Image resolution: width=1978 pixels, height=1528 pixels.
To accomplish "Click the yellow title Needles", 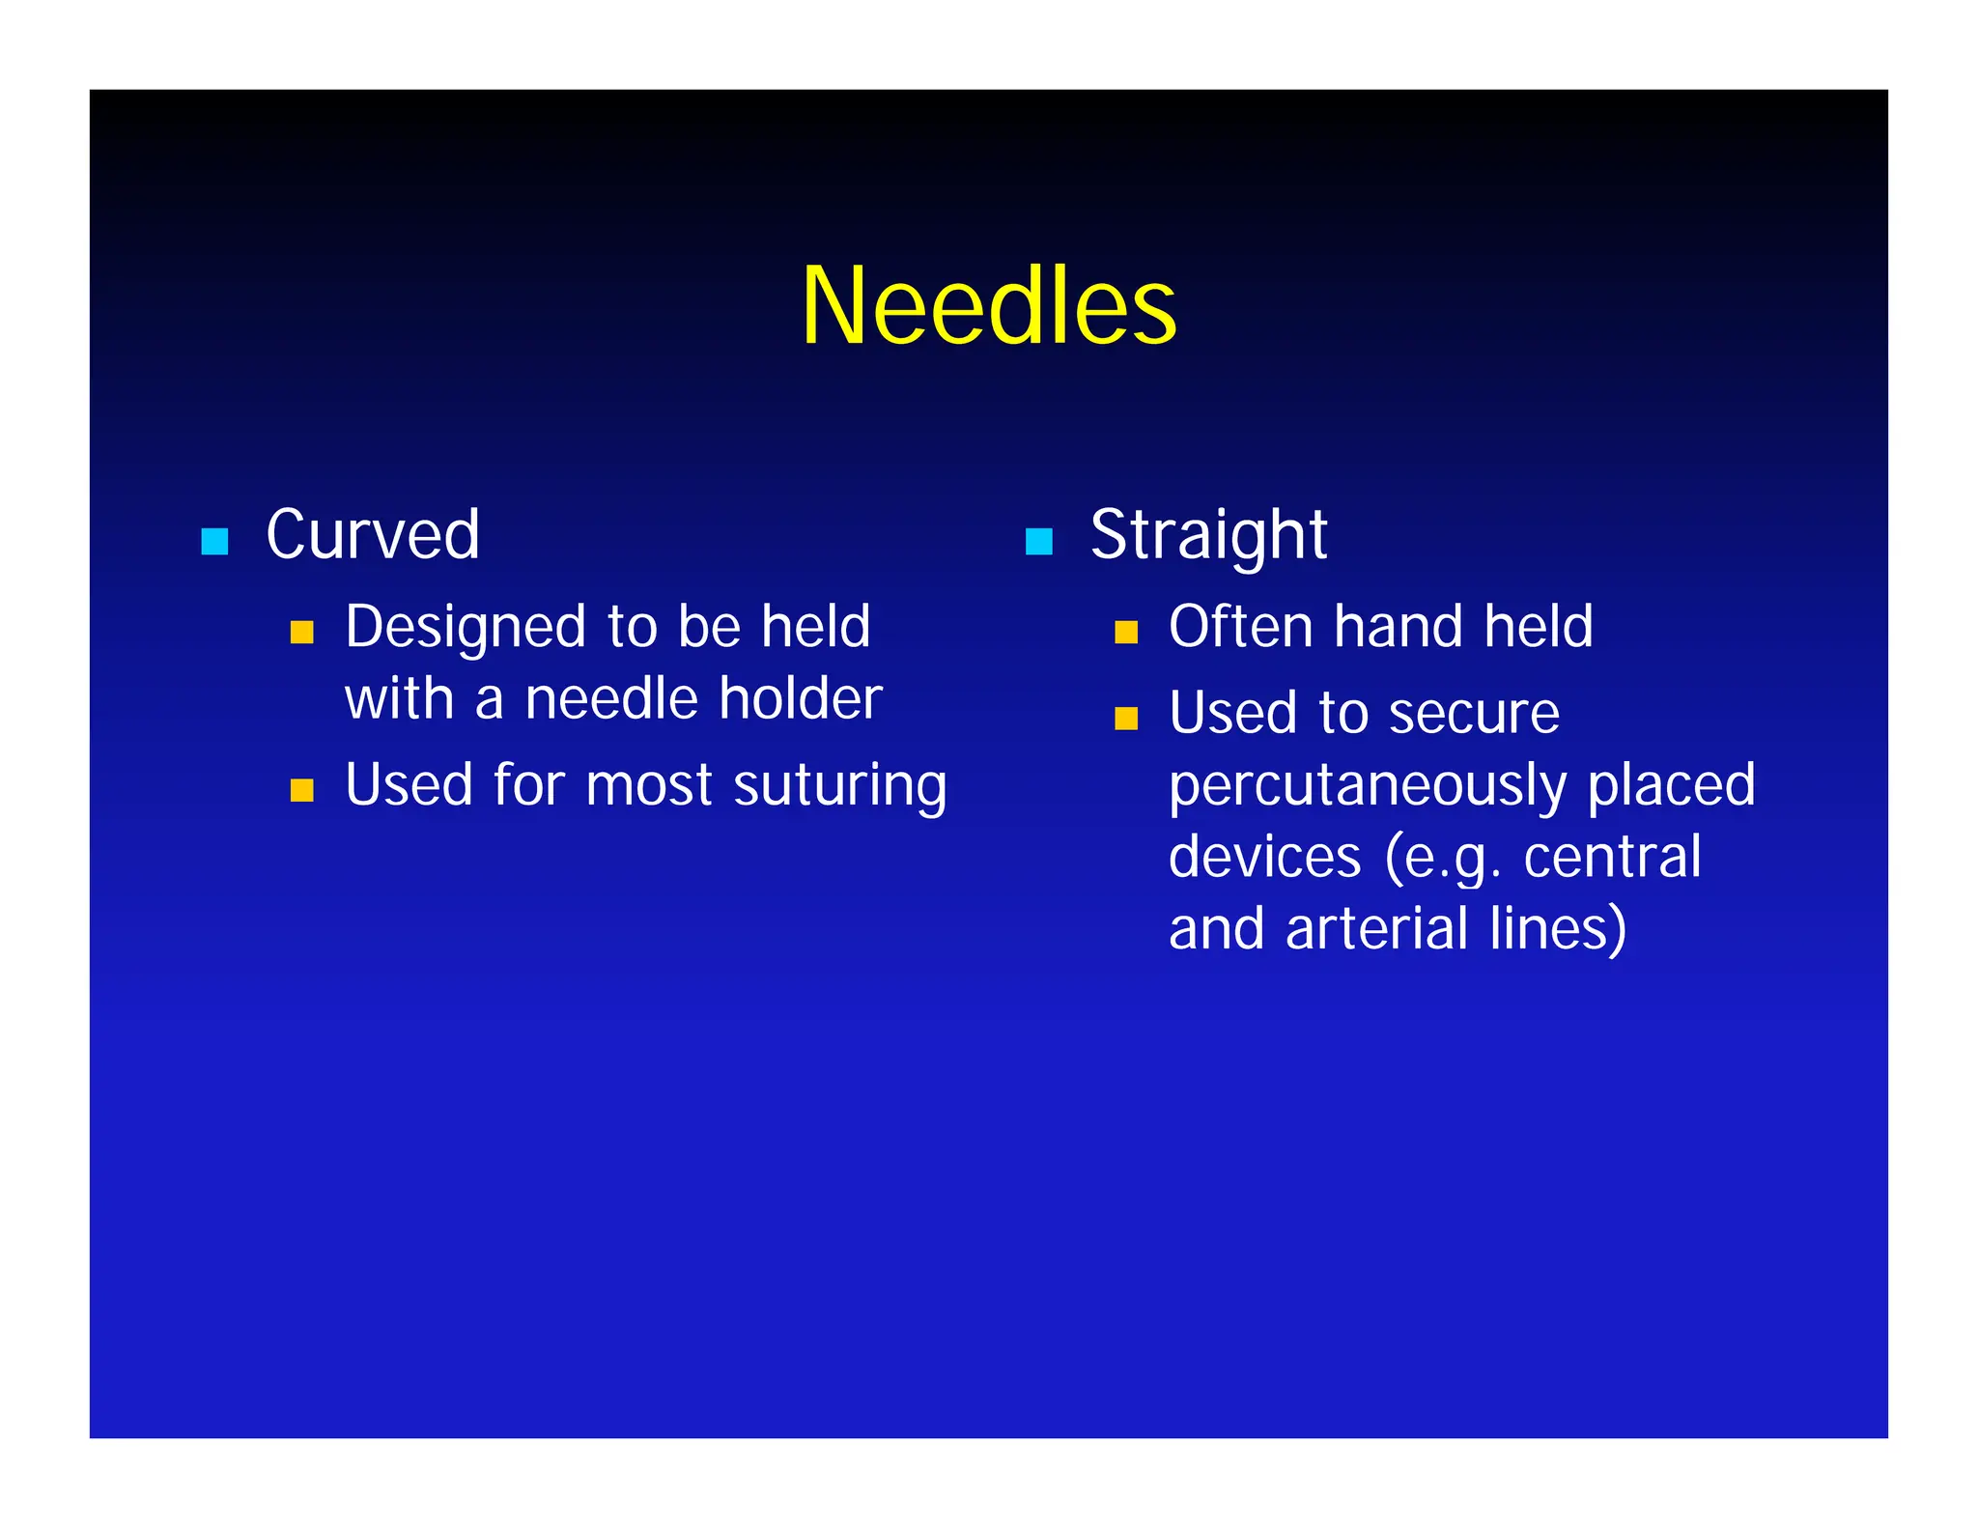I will [x=988, y=306].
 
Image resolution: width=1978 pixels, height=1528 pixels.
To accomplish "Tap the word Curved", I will [x=373, y=534].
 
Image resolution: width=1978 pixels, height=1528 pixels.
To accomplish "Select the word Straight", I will [x=1208, y=535].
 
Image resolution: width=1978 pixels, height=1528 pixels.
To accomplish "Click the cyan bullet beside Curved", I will [x=214, y=541].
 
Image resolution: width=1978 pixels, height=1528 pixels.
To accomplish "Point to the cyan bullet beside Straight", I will [x=1038, y=541].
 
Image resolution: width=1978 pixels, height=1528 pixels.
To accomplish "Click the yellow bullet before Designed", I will [x=302, y=633].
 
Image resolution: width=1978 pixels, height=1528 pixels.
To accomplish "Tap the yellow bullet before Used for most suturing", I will [x=302, y=790].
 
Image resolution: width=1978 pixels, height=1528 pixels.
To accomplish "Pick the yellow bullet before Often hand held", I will [x=1126, y=633].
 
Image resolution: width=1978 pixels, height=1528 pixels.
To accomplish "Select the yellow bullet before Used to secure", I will [x=1126, y=719].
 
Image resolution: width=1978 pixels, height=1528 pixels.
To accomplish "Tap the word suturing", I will [x=840, y=786].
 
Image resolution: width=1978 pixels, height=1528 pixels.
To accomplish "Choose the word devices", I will [x=1264, y=857].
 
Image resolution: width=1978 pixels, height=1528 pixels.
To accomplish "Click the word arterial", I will [x=1376, y=928].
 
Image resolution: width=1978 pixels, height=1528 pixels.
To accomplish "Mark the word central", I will [x=1612, y=857].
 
